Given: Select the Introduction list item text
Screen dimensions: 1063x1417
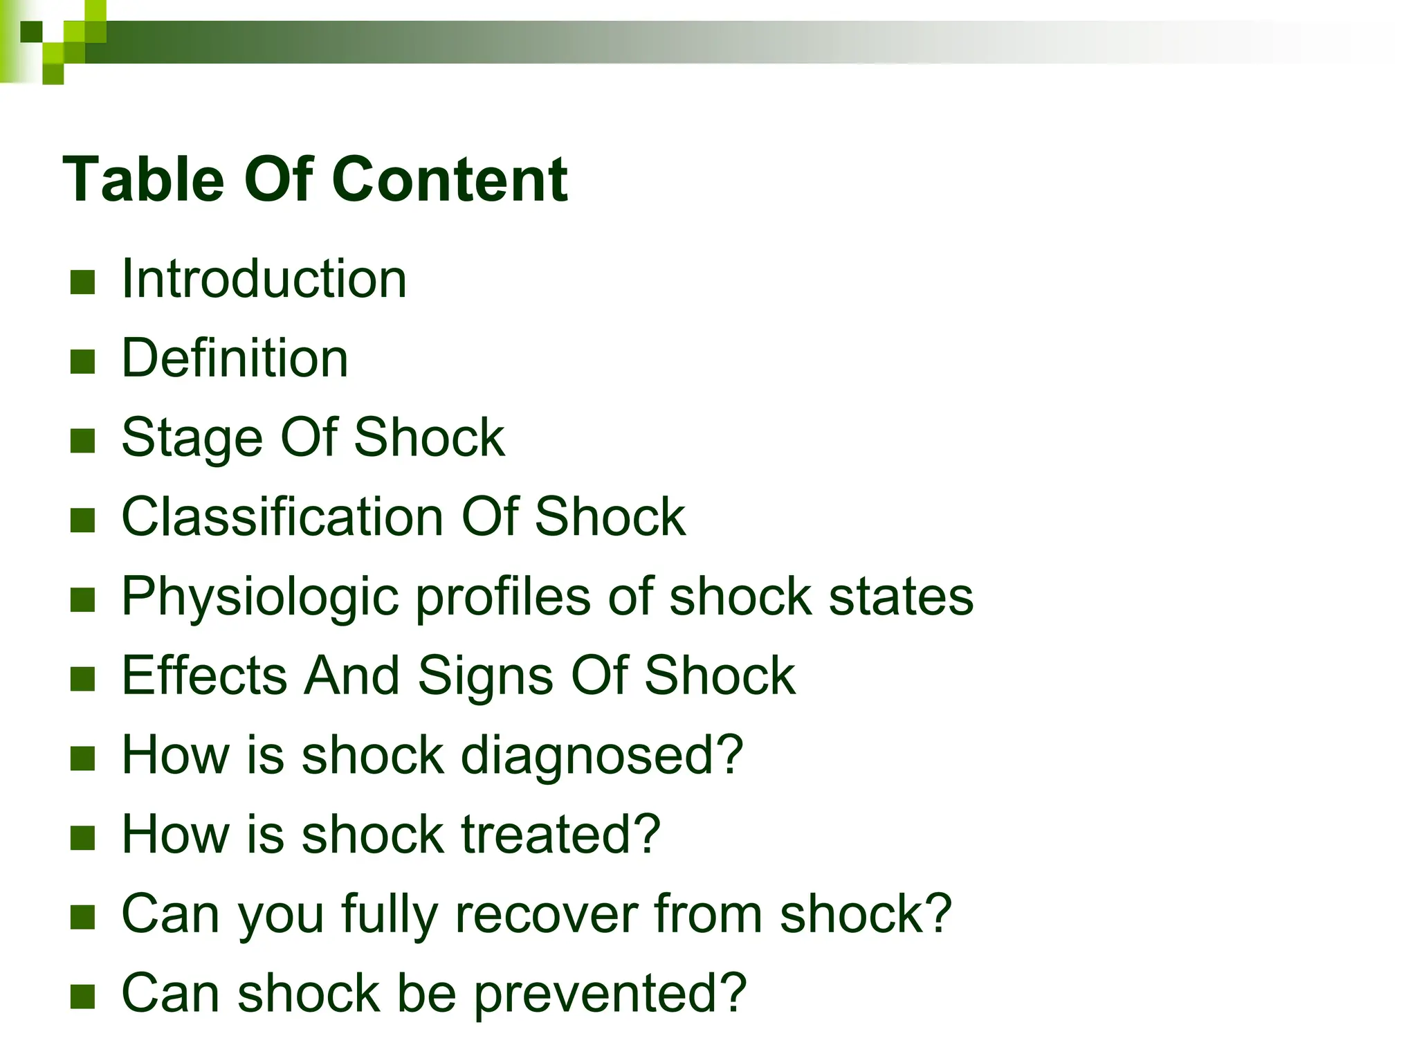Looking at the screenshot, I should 264,279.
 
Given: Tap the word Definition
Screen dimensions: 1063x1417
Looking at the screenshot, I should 235,358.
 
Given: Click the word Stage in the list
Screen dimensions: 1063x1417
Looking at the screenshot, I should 192,439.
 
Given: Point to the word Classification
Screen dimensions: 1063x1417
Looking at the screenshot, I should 282,517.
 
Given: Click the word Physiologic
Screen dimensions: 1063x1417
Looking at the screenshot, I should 260,598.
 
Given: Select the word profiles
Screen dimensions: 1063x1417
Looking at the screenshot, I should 502,597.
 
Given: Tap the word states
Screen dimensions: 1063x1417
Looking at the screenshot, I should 901,597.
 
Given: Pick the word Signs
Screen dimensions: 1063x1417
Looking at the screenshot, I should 485,677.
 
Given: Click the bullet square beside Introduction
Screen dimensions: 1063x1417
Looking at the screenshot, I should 82,282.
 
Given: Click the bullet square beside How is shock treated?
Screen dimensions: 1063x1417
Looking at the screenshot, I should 82,837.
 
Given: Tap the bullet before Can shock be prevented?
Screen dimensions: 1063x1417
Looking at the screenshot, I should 82,997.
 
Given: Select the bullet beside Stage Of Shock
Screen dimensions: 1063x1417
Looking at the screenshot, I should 82,441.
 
